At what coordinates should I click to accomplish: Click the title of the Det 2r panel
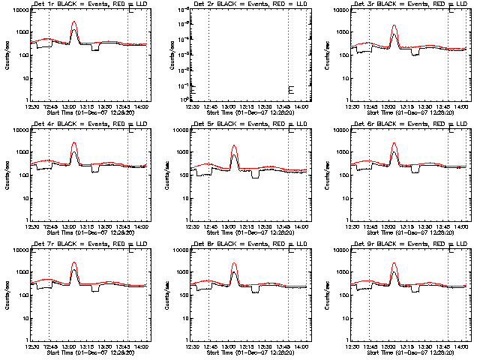point(250,4)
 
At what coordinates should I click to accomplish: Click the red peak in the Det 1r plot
point(73,22)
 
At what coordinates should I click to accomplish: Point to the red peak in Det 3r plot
point(394,26)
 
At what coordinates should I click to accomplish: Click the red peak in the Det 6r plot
point(394,143)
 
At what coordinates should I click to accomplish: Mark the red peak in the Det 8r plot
point(234,264)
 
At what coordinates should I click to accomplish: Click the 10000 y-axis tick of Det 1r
point(17,10)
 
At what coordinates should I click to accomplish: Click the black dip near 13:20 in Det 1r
point(95,49)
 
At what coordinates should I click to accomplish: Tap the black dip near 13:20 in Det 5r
point(256,177)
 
